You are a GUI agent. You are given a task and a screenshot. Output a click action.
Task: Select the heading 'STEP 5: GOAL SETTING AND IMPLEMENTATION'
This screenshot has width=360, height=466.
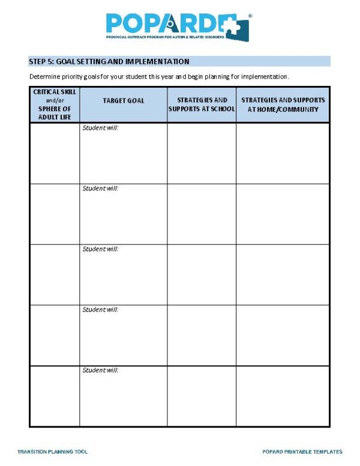click(x=109, y=61)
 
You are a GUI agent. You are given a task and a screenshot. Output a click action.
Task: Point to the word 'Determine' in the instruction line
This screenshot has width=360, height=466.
click(x=44, y=76)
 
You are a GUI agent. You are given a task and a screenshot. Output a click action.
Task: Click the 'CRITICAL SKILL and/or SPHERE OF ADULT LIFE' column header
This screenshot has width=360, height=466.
click(x=55, y=104)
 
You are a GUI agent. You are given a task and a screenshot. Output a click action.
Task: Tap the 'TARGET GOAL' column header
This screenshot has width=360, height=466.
click(x=124, y=100)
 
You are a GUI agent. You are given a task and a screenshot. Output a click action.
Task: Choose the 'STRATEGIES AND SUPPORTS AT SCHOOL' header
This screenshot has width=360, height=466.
click(x=202, y=104)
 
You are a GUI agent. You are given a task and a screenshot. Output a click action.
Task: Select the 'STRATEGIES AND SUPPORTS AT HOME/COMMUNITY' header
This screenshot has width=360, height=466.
click(x=283, y=104)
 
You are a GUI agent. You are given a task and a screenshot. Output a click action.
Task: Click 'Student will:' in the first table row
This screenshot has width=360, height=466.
click(x=100, y=128)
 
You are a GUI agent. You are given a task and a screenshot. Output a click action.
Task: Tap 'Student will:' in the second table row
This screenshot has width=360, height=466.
click(x=100, y=189)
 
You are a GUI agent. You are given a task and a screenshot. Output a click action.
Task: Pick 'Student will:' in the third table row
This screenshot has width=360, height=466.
click(x=100, y=249)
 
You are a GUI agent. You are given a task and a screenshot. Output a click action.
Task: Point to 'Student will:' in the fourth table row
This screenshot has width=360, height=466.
click(x=100, y=310)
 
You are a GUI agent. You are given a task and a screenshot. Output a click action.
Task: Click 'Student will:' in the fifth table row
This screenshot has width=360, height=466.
click(x=100, y=371)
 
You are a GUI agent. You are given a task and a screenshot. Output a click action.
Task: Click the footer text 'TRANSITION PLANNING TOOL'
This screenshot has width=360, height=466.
click(x=53, y=452)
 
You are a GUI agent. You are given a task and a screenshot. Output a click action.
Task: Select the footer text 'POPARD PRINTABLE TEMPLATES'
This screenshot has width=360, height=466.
click(x=302, y=452)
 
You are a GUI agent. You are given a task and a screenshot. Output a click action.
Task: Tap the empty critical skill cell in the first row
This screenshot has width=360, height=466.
click(x=55, y=153)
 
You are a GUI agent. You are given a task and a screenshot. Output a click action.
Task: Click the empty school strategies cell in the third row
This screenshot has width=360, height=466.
click(x=202, y=274)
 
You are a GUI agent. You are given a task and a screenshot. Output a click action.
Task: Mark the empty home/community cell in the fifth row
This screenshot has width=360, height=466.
click(x=283, y=396)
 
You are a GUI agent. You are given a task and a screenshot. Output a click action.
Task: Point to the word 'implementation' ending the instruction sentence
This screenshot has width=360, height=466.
click(x=265, y=76)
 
